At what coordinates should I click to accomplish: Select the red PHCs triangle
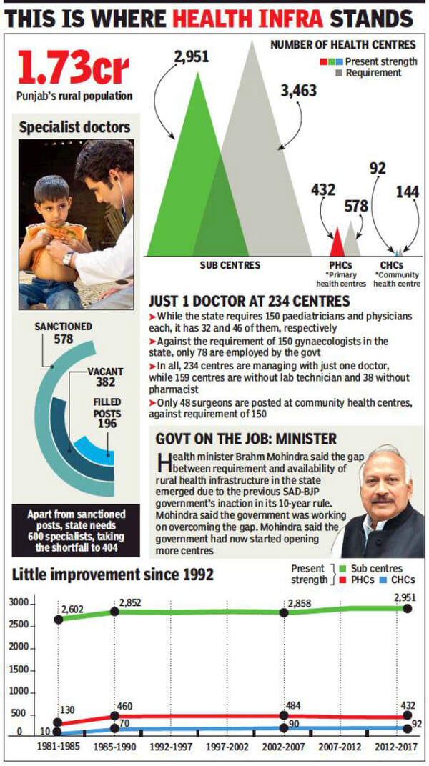pos(337,243)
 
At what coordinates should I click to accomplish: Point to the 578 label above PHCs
pos(355,206)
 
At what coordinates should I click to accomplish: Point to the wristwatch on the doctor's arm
pos(69,258)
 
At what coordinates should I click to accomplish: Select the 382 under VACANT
pos(105,384)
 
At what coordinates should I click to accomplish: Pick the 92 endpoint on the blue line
pos(407,727)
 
